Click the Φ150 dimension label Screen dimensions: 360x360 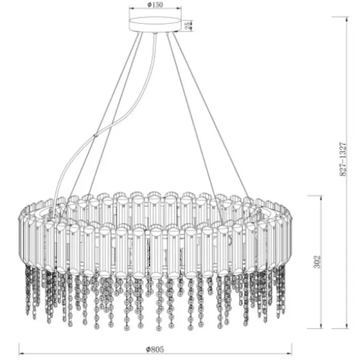(155, 5)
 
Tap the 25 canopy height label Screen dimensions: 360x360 (188, 25)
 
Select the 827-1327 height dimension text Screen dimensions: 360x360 (343, 159)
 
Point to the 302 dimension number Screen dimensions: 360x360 (317, 261)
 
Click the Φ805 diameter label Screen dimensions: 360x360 (155, 349)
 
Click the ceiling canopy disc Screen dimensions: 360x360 (155, 24)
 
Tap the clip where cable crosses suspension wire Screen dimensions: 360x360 (95, 136)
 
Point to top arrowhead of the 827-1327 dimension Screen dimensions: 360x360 (347, 20)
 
